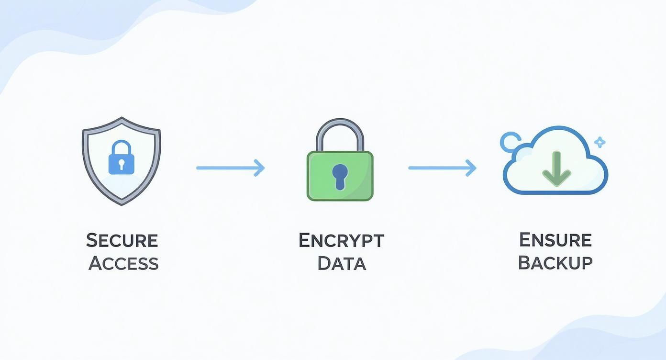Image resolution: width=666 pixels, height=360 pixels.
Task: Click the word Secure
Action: pyautogui.click(x=122, y=240)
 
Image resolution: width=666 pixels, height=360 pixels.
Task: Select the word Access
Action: pyautogui.click(x=123, y=263)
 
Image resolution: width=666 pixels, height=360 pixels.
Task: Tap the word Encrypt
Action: pyautogui.click(x=341, y=240)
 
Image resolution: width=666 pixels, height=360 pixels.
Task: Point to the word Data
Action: pyautogui.click(x=342, y=263)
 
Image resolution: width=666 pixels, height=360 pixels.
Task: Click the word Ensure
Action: pyautogui.click(x=555, y=239)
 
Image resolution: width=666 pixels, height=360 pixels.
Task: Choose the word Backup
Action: pyautogui.click(x=555, y=262)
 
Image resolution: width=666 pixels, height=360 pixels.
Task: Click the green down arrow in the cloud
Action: pyautogui.click(x=556, y=169)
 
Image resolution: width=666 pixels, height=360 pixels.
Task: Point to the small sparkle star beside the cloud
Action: pyautogui.click(x=599, y=142)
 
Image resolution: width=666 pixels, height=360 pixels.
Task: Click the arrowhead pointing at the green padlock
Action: pyautogui.click(x=260, y=168)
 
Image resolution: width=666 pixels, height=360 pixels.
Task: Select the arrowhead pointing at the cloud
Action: pyautogui.click(x=472, y=168)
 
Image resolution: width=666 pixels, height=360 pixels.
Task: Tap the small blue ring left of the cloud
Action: pyautogui.click(x=510, y=142)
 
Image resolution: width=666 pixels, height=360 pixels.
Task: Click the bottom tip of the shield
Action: pyautogui.click(x=122, y=203)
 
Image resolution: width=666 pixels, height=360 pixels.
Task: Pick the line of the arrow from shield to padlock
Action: pyautogui.click(x=225, y=168)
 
